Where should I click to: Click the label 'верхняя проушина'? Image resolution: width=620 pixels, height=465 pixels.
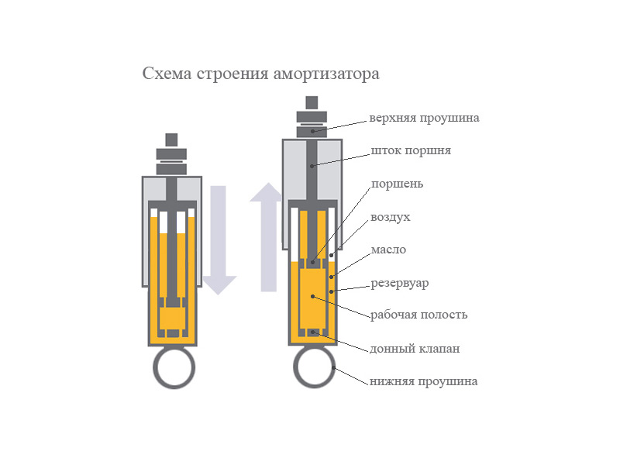(424, 119)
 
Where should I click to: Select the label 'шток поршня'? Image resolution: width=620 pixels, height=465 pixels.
(411, 151)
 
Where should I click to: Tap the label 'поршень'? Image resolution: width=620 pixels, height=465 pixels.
(397, 184)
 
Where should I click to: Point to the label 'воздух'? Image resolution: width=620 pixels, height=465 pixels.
(391, 218)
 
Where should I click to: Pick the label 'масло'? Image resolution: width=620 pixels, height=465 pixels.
(388, 250)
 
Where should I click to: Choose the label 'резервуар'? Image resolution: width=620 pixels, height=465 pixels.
(399, 284)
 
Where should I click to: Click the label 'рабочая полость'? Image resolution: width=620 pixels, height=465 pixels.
(418, 315)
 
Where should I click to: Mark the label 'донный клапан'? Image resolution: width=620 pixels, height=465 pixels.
(415, 350)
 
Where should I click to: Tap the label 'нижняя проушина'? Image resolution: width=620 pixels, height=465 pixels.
(423, 381)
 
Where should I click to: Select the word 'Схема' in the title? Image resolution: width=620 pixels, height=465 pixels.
(167, 74)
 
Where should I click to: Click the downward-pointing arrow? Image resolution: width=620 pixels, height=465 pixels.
(219, 240)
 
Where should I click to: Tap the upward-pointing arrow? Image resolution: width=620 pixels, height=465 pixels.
(267, 237)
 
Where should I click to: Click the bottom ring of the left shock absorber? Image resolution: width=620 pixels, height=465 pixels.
(174, 367)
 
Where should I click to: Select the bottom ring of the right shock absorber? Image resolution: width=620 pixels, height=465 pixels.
(315, 367)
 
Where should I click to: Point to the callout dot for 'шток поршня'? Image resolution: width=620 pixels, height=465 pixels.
(312, 166)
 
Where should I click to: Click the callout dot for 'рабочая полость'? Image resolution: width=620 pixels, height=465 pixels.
(313, 296)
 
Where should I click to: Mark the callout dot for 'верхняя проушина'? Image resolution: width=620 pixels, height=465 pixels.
(312, 131)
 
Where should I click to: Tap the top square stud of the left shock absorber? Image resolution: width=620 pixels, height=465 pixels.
(171, 140)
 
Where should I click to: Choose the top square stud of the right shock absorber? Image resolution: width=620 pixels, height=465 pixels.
(312, 103)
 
